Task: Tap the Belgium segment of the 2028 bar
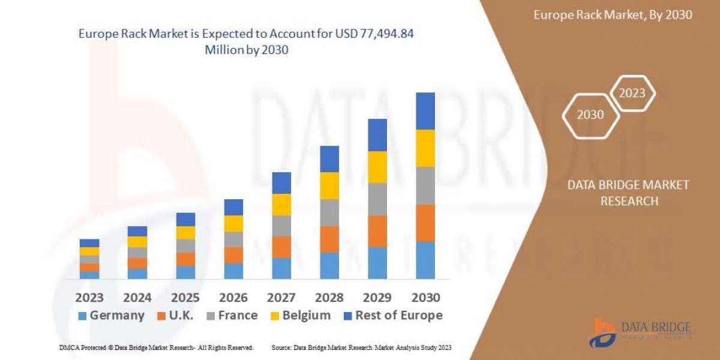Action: pos(329,185)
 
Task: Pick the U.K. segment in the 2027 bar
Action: pos(281,247)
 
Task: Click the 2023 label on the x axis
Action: pos(89,298)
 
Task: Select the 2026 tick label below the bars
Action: pos(233,298)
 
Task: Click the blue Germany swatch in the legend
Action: pos(82,316)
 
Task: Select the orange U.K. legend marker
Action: pos(161,316)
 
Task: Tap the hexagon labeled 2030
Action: pos(590,115)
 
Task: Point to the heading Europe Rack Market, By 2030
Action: pos(613,15)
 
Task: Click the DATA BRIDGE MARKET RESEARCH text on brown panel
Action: pos(628,193)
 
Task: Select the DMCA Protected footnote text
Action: pos(156,347)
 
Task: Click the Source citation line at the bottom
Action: pos(361,347)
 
